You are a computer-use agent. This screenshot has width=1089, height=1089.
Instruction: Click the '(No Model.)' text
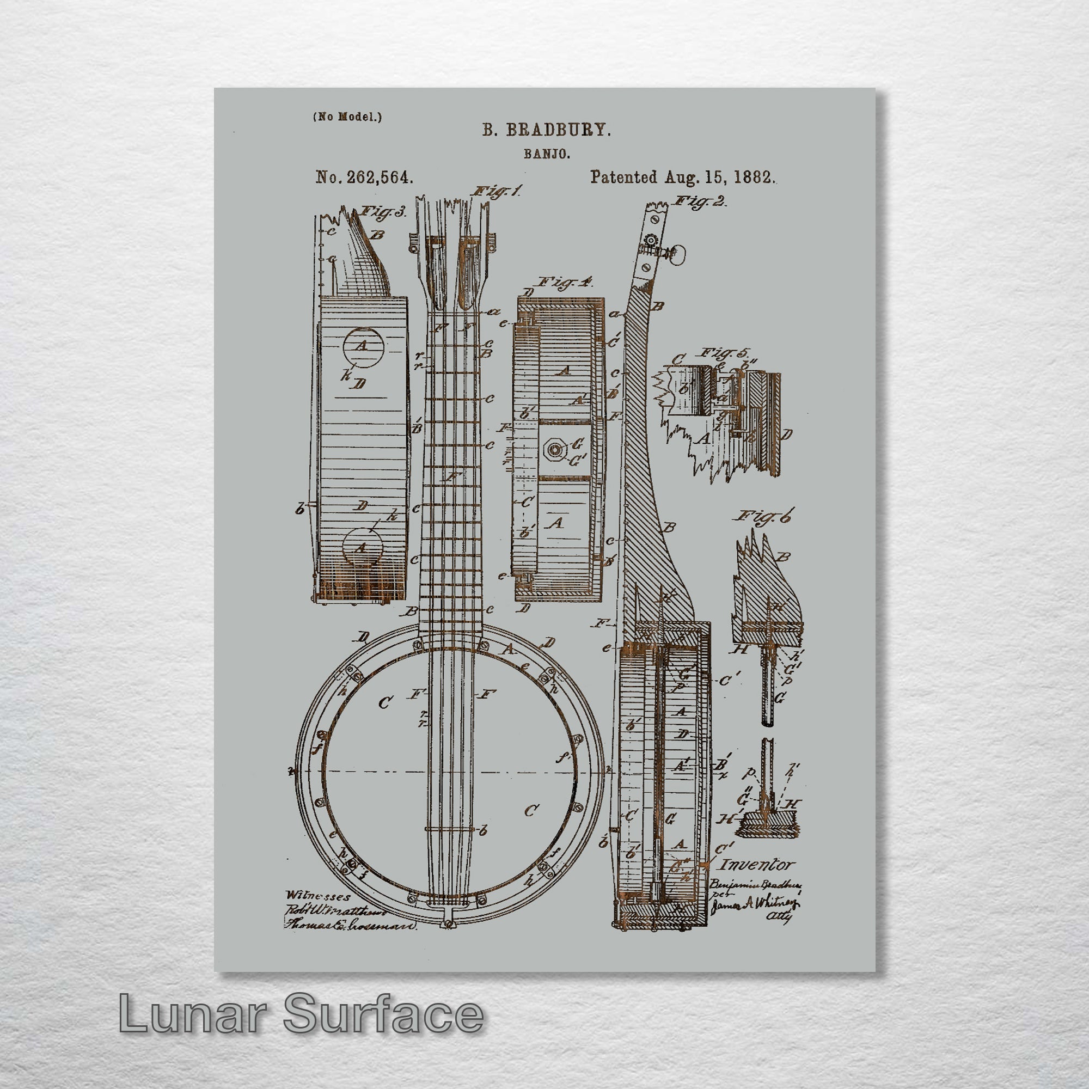click(x=347, y=117)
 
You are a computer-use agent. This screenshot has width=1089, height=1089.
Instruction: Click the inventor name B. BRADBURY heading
click(x=546, y=130)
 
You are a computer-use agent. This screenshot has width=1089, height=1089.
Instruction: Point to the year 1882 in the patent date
click(x=752, y=177)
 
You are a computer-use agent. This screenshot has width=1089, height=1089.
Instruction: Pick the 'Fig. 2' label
click(x=700, y=202)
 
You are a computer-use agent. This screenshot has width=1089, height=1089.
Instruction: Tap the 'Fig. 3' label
click(x=383, y=212)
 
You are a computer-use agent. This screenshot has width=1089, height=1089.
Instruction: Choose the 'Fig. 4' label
click(x=565, y=282)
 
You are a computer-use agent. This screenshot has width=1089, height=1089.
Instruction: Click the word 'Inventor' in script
click(x=757, y=864)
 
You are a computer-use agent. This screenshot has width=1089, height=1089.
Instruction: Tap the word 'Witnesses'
click(x=317, y=896)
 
